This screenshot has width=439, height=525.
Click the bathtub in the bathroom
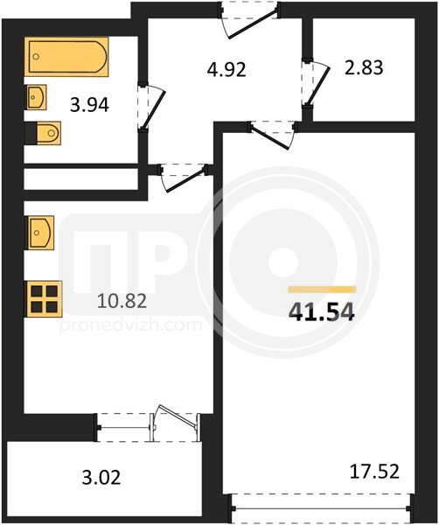[66, 57]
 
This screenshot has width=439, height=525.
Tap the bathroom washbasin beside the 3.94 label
[36, 97]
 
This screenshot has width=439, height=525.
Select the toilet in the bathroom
[43, 133]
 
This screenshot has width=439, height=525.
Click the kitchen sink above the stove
[39, 233]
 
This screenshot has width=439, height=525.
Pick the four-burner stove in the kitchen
[44, 299]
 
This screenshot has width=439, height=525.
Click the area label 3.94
[89, 106]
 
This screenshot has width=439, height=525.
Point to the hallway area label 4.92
[226, 70]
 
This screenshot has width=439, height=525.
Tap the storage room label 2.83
[364, 67]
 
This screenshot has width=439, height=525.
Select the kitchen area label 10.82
[122, 301]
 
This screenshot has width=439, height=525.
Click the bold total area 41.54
[321, 311]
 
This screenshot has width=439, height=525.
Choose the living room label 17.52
[374, 472]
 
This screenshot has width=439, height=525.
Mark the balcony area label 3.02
[101, 477]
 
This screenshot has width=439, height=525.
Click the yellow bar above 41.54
[322, 290]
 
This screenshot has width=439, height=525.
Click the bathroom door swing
[151, 107]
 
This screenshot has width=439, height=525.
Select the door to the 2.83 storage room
[316, 84]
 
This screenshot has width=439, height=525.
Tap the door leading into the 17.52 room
[272, 134]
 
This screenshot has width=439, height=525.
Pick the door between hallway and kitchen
[183, 178]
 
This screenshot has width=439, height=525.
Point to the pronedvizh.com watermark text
[131, 325]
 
